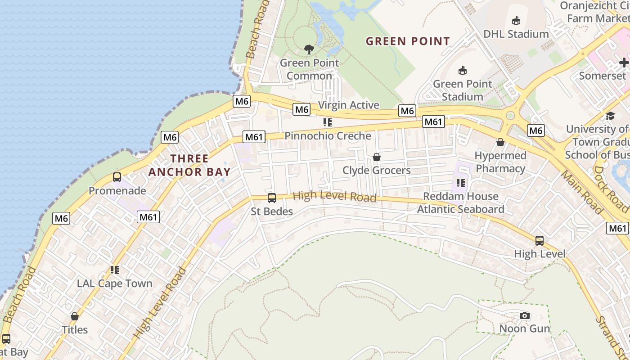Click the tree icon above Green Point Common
pos(309,49)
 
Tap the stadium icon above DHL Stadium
pos(516,20)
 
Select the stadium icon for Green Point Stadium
pos(462,70)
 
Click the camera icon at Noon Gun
pos(524,315)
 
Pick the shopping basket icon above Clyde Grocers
pos(377,157)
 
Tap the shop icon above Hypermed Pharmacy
pos(500,142)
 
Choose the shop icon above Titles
pos(75,316)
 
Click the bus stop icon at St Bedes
pos(272,198)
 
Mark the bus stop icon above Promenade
pos(117,177)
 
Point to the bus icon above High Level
pos(540,241)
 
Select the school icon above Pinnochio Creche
pos(328,122)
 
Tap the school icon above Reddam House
pos(460,183)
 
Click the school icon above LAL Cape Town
pos(115,270)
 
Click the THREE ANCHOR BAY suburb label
pos(189,165)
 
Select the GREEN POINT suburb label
pos(408,41)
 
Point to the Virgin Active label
pos(349,105)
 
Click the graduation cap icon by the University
pos(610,116)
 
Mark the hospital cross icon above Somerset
pos(624,63)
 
